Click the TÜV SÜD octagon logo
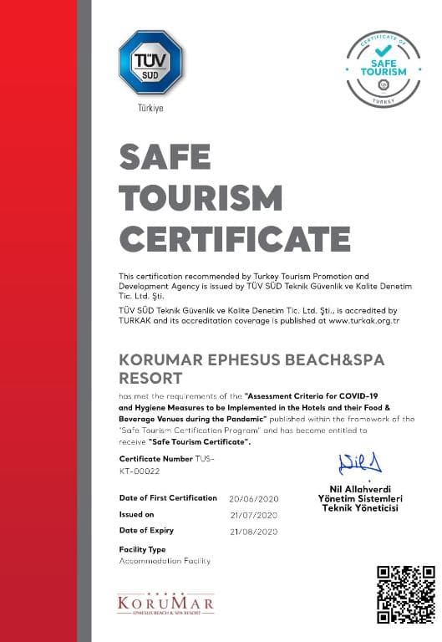(150, 64)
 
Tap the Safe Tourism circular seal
(383, 68)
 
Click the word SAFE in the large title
(165, 156)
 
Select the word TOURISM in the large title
(201, 198)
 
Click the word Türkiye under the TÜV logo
(150, 110)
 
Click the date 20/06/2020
(253, 498)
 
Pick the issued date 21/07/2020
(253, 514)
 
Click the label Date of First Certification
(168, 497)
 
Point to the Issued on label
(137, 514)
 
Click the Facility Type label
(142, 549)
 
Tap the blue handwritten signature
(360, 462)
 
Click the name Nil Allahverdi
(360, 489)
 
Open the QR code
(404, 594)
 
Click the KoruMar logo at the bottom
(165, 604)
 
